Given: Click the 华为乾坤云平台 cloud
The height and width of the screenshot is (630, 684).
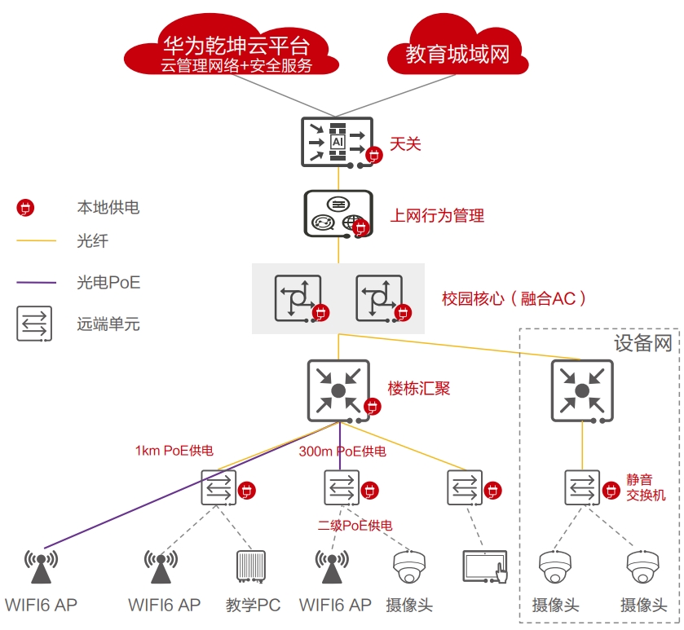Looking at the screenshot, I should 236,53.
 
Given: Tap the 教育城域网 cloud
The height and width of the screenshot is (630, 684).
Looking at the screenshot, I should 457,54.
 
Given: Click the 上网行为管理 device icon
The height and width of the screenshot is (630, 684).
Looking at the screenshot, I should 337,213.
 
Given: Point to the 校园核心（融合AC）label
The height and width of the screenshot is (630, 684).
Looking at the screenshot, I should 514,298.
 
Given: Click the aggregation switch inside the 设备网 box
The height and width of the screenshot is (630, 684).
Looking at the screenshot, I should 581,390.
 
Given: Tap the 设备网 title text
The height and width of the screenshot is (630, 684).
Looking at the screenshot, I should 643,343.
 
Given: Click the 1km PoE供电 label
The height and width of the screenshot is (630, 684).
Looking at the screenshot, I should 174,451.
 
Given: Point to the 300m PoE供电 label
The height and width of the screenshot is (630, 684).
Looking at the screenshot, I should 342,451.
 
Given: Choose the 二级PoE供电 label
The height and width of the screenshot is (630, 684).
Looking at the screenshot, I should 355,526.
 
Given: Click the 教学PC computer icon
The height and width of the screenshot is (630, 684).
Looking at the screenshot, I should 251,567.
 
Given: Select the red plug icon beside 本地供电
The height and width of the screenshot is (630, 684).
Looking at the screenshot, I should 25,208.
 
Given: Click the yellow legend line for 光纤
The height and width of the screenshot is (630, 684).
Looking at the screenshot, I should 36,241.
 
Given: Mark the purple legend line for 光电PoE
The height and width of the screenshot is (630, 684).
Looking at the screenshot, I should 36,283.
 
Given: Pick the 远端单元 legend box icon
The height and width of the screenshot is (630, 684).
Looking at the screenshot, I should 34,324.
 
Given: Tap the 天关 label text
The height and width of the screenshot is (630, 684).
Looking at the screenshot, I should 405,144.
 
